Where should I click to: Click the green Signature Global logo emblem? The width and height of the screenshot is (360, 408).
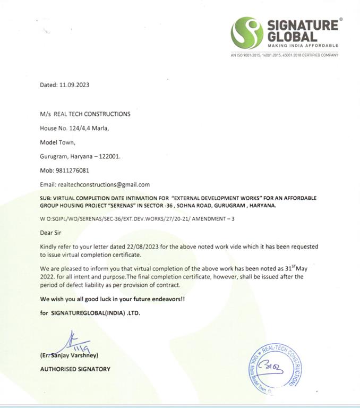point(247,33)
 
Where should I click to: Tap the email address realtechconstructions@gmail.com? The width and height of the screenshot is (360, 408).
point(103,185)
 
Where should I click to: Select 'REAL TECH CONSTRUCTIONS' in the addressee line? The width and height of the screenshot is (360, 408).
point(92,114)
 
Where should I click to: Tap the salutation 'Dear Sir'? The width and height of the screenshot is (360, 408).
point(52,232)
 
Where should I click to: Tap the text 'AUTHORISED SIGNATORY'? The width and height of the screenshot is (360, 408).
point(75,369)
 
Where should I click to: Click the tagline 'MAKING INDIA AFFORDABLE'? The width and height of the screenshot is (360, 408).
point(303,46)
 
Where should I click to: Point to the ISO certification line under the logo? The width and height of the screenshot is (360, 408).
point(284,55)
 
